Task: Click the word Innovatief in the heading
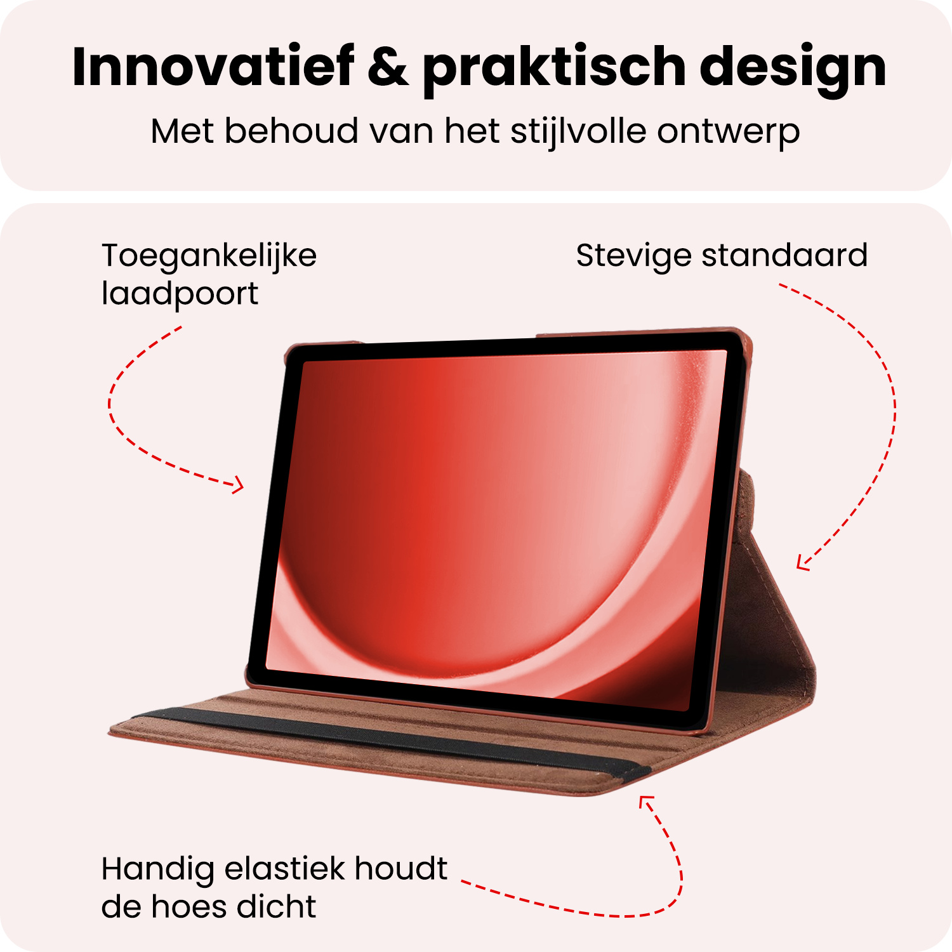point(213,67)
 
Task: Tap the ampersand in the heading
point(388,67)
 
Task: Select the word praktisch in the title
point(554,70)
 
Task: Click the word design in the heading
point(793,70)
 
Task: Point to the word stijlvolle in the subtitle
point(578,132)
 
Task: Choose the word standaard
point(784,255)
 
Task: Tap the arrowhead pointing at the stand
point(803,563)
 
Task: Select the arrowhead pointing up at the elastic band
point(645,802)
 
